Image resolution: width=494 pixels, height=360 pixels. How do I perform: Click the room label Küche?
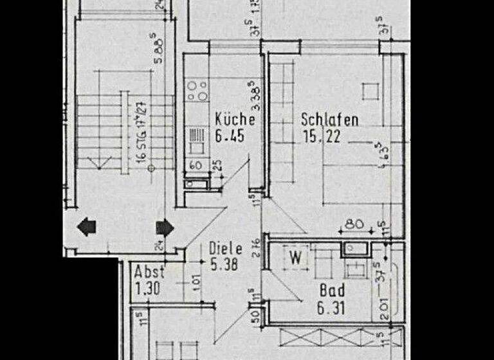tap(235, 120)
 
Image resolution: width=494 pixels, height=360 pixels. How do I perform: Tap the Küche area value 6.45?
tap(230, 136)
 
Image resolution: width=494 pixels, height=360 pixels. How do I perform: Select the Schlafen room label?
tap(329, 120)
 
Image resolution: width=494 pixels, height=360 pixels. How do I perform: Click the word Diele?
tap(225, 248)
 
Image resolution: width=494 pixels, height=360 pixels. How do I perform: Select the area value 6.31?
tap(331, 309)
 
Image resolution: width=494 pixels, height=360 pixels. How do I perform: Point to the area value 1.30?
tap(148, 289)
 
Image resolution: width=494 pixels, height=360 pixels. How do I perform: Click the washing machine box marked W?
tap(296, 259)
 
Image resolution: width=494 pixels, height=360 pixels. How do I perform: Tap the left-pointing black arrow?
tap(86, 227)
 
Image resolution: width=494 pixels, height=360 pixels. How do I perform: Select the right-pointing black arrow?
tap(165, 227)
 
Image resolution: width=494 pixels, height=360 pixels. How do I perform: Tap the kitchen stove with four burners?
tap(196, 91)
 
